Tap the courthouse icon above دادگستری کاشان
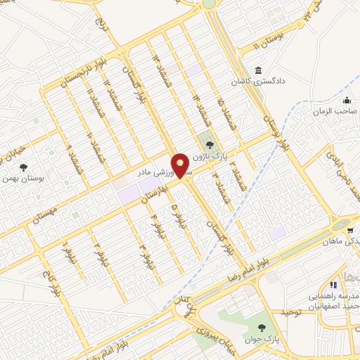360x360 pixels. (x=259, y=71)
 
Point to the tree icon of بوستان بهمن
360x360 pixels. (x=23, y=167)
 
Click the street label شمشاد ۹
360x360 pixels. (x=72, y=157)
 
